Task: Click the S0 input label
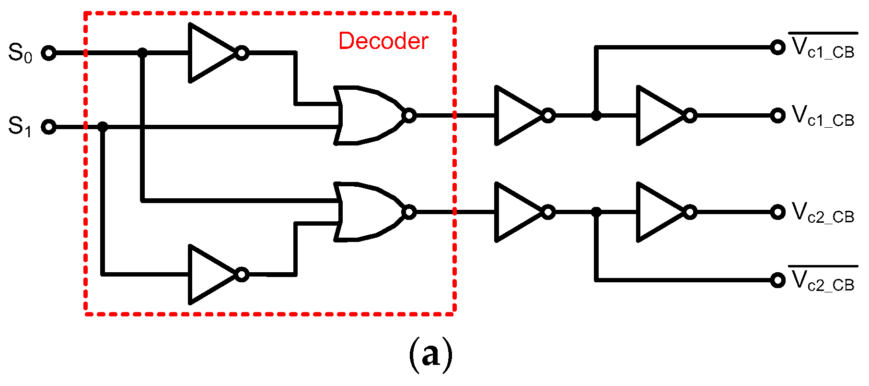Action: click(x=20, y=53)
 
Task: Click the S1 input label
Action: click(x=20, y=127)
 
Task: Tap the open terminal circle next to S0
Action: click(x=48, y=53)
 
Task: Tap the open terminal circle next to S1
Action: click(x=48, y=127)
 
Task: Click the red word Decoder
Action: click(x=383, y=41)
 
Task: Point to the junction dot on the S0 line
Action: click(x=142, y=53)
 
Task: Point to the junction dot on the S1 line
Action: click(x=102, y=127)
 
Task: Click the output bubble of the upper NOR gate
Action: click(x=409, y=116)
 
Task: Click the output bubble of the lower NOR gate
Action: click(x=409, y=212)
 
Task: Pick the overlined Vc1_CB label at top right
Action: click(x=823, y=48)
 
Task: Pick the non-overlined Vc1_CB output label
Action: click(x=823, y=117)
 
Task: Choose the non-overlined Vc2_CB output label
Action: click(x=823, y=213)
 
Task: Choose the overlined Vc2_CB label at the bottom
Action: click(x=823, y=281)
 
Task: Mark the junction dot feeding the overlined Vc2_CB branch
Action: click(x=596, y=212)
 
